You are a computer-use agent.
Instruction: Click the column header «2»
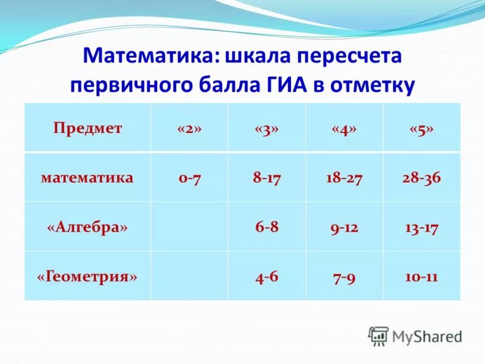(189, 129)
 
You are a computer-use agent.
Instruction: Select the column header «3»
(267, 129)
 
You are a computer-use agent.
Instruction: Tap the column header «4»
(344, 129)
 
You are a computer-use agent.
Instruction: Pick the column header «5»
(421, 129)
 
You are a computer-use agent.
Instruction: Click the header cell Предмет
(87, 129)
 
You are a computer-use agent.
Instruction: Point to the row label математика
(87, 178)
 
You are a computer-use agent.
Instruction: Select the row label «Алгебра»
(87, 227)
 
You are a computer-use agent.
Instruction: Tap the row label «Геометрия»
(87, 277)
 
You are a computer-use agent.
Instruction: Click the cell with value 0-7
(189, 178)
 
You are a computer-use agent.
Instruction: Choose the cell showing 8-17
(267, 178)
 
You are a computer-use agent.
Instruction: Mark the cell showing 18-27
(344, 178)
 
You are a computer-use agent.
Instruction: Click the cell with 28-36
(421, 178)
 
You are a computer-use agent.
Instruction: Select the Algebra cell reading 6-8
(267, 227)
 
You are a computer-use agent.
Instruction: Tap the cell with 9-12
(344, 227)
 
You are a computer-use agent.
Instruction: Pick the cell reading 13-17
(421, 227)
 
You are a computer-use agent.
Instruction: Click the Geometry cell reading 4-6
(267, 277)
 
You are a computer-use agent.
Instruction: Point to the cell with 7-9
(344, 277)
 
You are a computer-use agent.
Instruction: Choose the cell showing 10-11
(421, 277)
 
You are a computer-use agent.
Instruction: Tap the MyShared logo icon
(378, 335)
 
